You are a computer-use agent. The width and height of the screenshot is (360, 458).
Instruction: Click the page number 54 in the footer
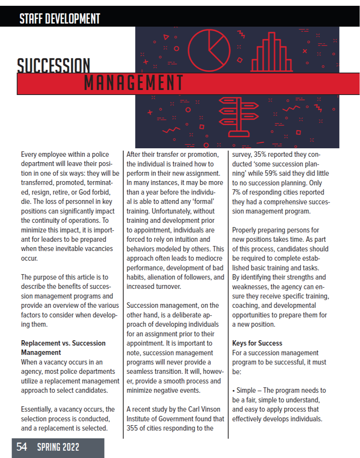pyautogui.click(x=22, y=447)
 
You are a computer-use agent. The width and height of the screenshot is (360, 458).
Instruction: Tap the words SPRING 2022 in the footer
pyautogui.click(x=58, y=447)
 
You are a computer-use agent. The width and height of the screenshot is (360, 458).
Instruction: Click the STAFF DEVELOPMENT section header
pyautogui.click(x=60, y=18)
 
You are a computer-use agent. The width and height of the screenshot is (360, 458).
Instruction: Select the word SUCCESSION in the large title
pyautogui.click(x=54, y=66)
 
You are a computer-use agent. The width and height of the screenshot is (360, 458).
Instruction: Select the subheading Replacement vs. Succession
pyautogui.click(x=63, y=343)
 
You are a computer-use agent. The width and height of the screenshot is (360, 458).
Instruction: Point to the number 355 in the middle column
pyautogui.click(x=134, y=428)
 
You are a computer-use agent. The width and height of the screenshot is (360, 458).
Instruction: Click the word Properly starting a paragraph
pyautogui.click(x=245, y=230)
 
